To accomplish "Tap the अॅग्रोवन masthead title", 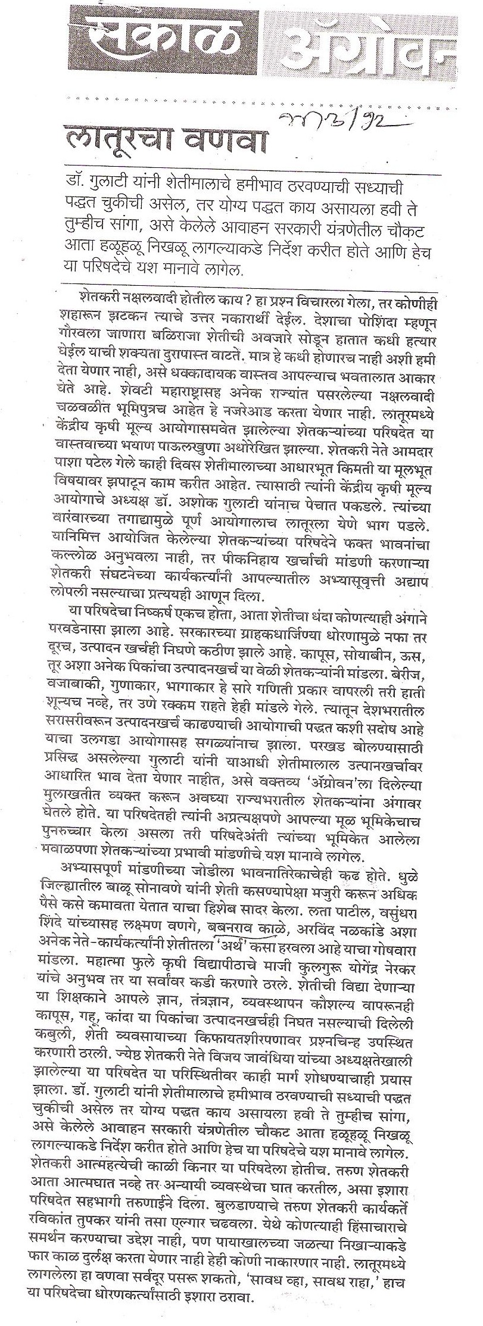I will [x=370, y=42].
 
